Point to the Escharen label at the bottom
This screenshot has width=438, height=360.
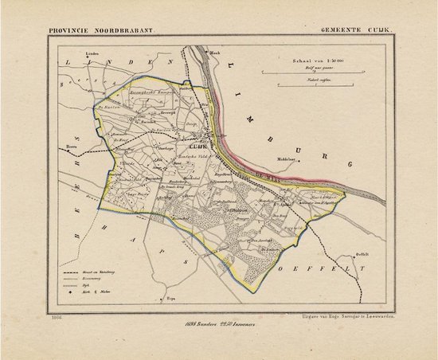[170, 299]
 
